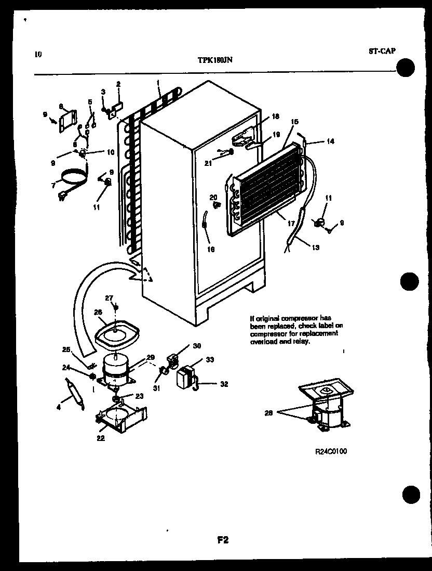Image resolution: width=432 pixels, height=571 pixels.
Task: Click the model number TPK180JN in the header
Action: click(214, 60)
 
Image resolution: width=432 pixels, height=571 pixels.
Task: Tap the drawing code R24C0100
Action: click(330, 451)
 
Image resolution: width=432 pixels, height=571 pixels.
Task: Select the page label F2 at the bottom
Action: click(223, 540)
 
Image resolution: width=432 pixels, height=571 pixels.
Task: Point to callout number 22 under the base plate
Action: click(100, 438)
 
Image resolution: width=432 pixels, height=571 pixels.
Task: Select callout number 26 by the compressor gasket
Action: click(98, 312)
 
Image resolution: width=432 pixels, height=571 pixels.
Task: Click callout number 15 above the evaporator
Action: click(294, 122)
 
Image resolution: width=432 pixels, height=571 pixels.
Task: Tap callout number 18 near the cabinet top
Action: click(275, 117)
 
